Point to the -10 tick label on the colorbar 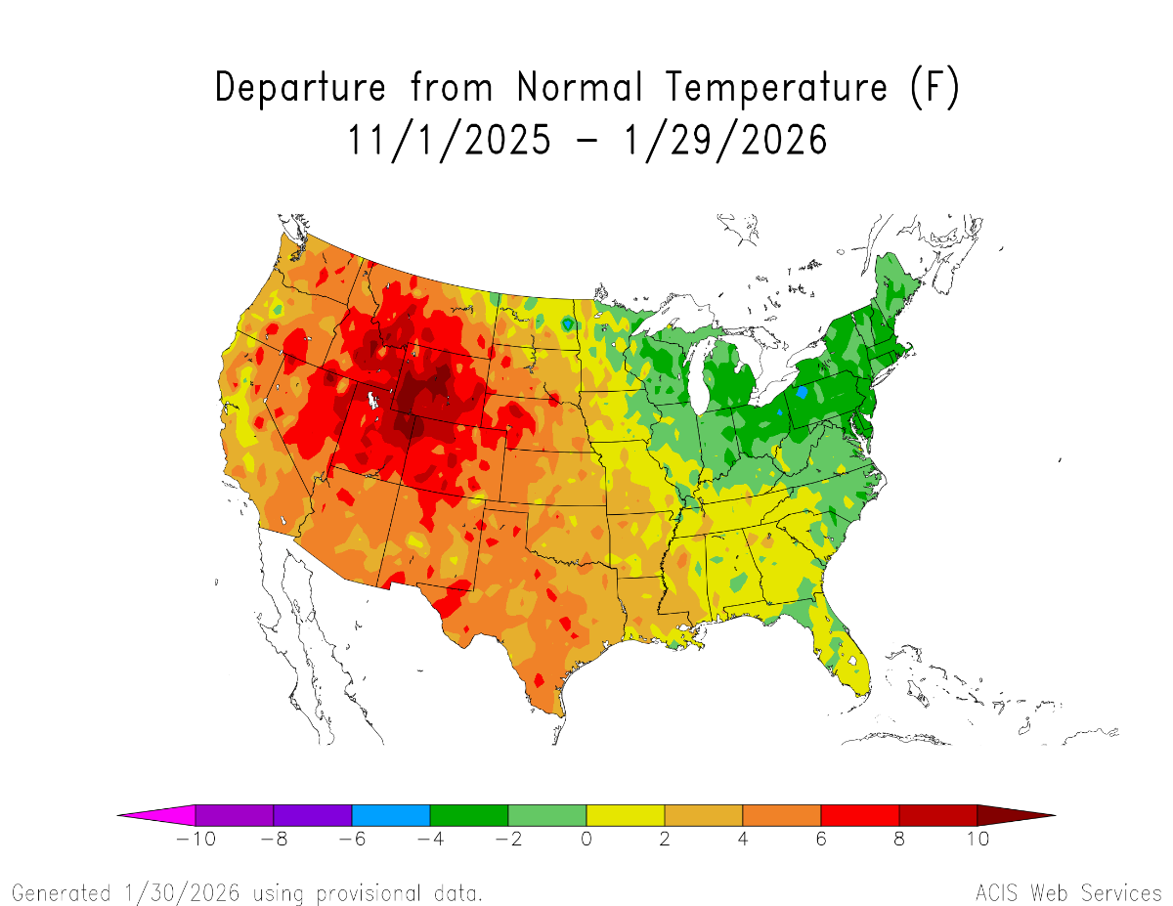tap(195, 840)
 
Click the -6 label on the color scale tap(351, 840)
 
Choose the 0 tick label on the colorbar tap(586, 840)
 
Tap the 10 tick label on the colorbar tap(977, 840)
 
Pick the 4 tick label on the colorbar tap(743, 840)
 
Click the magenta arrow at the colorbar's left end tap(161, 814)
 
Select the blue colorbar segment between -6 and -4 tap(391, 814)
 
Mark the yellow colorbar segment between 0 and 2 tap(626, 814)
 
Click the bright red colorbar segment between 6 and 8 tap(860, 814)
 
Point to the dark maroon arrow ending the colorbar tap(1012, 814)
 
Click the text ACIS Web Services tap(1067, 892)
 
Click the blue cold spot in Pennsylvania tap(803, 392)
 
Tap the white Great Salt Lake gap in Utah tap(373, 401)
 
